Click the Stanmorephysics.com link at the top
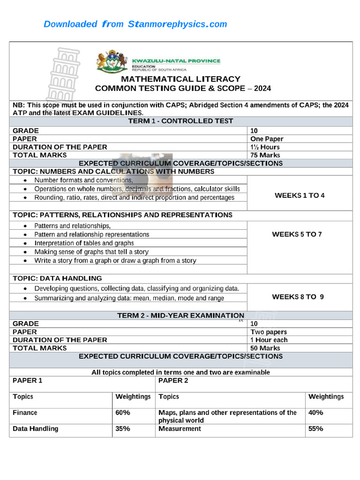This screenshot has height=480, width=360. [x=135, y=24]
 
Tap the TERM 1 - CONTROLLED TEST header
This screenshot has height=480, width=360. [x=180, y=121]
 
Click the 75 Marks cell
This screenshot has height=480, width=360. [x=265, y=155]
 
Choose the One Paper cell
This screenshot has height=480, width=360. [x=267, y=139]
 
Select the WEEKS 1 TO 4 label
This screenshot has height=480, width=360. [x=299, y=195]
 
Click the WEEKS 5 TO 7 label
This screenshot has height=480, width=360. [x=297, y=234]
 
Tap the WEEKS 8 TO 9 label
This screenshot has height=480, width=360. [x=298, y=297]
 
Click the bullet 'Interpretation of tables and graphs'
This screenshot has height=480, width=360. [x=84, y=243]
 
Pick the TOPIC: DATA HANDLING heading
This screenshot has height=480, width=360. [x=57, y=278]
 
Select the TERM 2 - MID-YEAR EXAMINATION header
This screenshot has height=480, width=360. [x=180, y=315]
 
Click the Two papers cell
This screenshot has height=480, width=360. [x=269, y=332]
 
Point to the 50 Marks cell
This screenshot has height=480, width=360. [x=265, y=348]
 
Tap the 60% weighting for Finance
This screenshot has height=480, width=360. [x=123, y=413]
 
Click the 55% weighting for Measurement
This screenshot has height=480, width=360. [x=315, y=429]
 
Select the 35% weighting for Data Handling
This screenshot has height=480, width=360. [x=123, y=429]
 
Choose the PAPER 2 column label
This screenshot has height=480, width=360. [x=173, y=381]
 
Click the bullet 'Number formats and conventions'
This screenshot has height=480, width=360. [x=83, y=180]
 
